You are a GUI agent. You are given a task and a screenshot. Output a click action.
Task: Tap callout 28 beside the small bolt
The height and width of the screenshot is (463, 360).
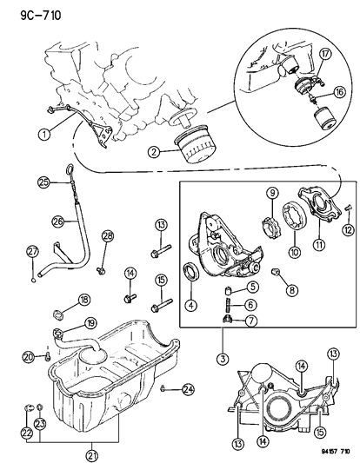coord(108,236)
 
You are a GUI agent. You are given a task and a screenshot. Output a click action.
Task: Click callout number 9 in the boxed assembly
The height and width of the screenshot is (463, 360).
coord(247,192)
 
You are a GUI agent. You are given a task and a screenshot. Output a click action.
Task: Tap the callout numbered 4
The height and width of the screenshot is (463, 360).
coord(190,304)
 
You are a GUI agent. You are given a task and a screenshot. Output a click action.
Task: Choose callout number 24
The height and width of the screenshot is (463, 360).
coord(189,389)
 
